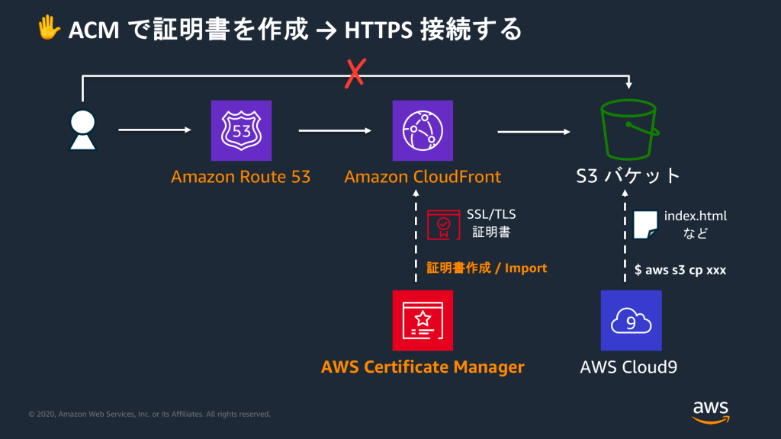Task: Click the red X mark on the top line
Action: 355,75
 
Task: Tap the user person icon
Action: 82,130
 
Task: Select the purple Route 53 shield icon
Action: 241,130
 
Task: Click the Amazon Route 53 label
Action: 240,177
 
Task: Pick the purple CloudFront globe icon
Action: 423,130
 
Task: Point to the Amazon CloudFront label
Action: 423,177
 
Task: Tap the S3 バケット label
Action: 628,177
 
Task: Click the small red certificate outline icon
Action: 443,224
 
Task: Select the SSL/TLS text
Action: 491,216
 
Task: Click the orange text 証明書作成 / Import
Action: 487,268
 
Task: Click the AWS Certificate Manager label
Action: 423,367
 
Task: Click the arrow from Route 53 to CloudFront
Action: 329,131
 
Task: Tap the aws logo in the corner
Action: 711,410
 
